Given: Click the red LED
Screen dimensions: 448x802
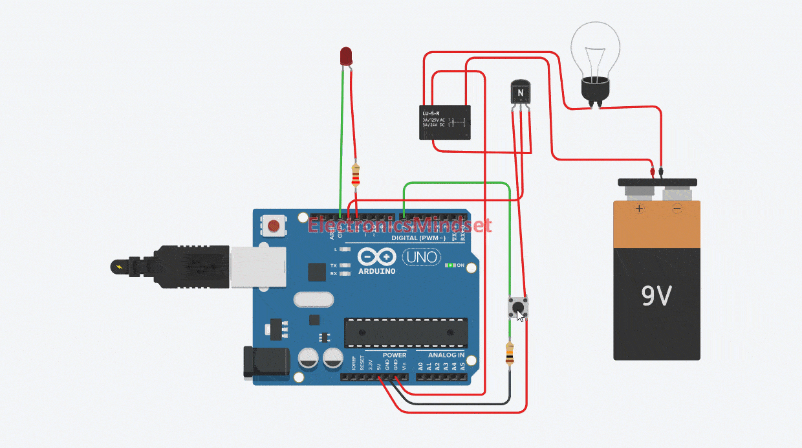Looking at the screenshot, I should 347,56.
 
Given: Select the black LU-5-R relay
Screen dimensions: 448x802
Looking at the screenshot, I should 444,122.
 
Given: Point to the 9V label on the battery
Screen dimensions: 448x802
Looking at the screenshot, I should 656,296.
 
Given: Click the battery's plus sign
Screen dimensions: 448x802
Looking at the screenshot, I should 640,208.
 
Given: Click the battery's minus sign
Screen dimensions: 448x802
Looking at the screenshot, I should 677,208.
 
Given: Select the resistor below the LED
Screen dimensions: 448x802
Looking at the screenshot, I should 354,175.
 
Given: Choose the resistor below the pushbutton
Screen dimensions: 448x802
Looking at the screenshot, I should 510,354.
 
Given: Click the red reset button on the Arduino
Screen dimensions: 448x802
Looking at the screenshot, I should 274,227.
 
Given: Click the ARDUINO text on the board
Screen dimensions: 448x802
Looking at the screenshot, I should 376,271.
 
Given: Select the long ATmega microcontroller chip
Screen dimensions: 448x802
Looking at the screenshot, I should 406,333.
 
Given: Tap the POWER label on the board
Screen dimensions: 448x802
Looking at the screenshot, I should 395,355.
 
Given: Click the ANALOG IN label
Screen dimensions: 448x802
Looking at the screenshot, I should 446,355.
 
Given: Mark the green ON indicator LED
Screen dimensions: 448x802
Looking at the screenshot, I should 448,265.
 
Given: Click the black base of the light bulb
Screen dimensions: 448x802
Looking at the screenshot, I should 594,90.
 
